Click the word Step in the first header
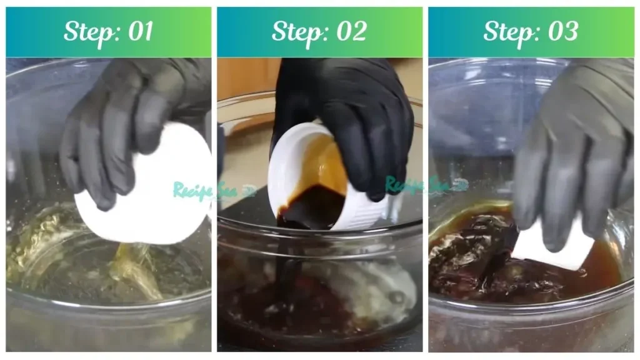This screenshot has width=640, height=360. [87, 32]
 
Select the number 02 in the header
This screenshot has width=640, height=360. [350, 32]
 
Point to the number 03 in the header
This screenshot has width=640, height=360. [561, 32]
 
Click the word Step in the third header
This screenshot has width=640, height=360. [510, 32]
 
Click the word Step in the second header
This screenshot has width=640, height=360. [298, 32]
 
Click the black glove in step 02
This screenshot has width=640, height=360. [350, 106]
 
